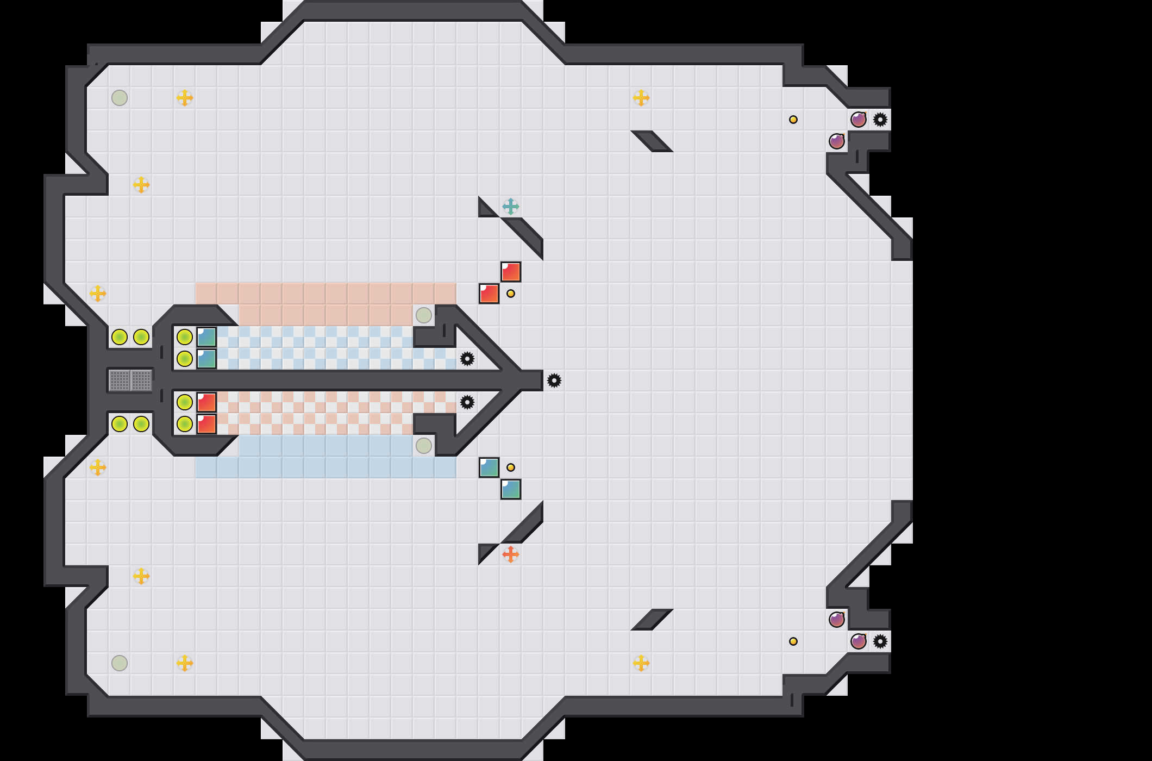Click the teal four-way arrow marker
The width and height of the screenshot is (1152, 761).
(x=510, y=207)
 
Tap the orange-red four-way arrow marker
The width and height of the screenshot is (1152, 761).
(x=510, y=554)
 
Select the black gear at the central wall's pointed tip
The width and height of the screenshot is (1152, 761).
(x=554, y=380)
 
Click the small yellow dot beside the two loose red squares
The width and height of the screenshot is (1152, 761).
(x=511, y=294)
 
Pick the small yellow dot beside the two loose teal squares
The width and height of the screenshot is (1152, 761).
(x=511, y=467)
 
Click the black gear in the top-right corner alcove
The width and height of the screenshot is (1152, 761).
(x=880, y=120)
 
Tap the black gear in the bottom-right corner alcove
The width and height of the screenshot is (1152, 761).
(x=880, y=641)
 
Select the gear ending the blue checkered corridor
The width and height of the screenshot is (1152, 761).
(x=467, y=359)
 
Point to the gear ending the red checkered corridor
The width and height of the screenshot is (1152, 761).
(x=467, y=402)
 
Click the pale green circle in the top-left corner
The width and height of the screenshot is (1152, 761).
(x=120, y=98)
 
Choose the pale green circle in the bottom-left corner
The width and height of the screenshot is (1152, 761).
(x=120, y=663)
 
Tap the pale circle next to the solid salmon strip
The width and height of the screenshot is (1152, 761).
(x=424, y=315)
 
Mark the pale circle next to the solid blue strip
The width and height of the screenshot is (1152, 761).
(x=424, y=446)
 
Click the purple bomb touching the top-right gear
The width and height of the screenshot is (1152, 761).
(x=859, y=120)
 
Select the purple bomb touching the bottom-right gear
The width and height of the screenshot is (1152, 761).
(x=859, y=641)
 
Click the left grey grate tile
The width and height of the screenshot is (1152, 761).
(x=120, y=380)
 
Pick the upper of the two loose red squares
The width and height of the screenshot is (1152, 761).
(x=511, y=272)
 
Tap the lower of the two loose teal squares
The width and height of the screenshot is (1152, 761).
(x=511, y=489)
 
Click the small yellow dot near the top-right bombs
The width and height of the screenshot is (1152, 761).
(x=793, y=120)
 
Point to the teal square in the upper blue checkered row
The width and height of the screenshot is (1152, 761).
(x=206, y=337)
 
